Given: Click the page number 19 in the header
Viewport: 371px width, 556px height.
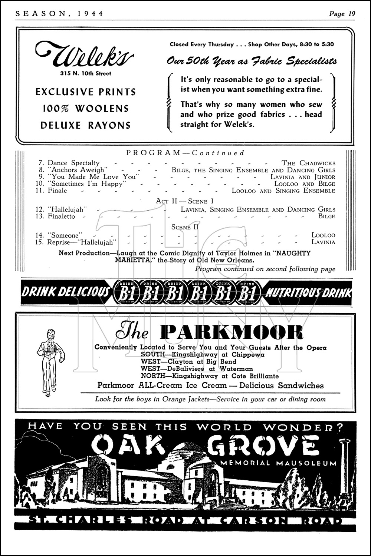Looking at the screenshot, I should pyautogui.click(x=351, y=14).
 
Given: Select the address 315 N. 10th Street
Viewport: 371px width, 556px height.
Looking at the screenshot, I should pyautogui.click(x=86, y=73).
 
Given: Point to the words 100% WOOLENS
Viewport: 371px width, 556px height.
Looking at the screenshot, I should pyautogui.click(x=86, y=109).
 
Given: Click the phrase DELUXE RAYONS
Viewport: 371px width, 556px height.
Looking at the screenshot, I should pyautogui.click(x=86, y=125).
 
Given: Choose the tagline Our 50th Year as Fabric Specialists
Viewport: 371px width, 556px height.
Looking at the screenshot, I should pyautogui.click(x=252, y=61).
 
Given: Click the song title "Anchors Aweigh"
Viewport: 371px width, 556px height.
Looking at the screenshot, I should pyautogui.click(x=77, y=170).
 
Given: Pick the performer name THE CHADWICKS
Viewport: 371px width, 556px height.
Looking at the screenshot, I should pyautogui.click(x=308, y=163).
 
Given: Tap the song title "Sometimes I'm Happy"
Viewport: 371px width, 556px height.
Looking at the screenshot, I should pyautogui.click(x=88, y=184).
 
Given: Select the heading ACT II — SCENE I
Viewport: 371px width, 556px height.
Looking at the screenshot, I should pyautogui.click(x=185, y=201).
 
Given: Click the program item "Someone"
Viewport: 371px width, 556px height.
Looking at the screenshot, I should pyautogui.click(x=65, y=235).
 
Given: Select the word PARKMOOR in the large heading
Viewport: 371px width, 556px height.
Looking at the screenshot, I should pyautogui.click(x=232, y=332).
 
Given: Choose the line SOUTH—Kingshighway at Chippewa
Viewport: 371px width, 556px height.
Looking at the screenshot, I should pyautogui.click(x=203, y=354).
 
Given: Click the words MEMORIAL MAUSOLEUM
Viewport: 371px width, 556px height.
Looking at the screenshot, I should pyautogui.click(x=278, y=463).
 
